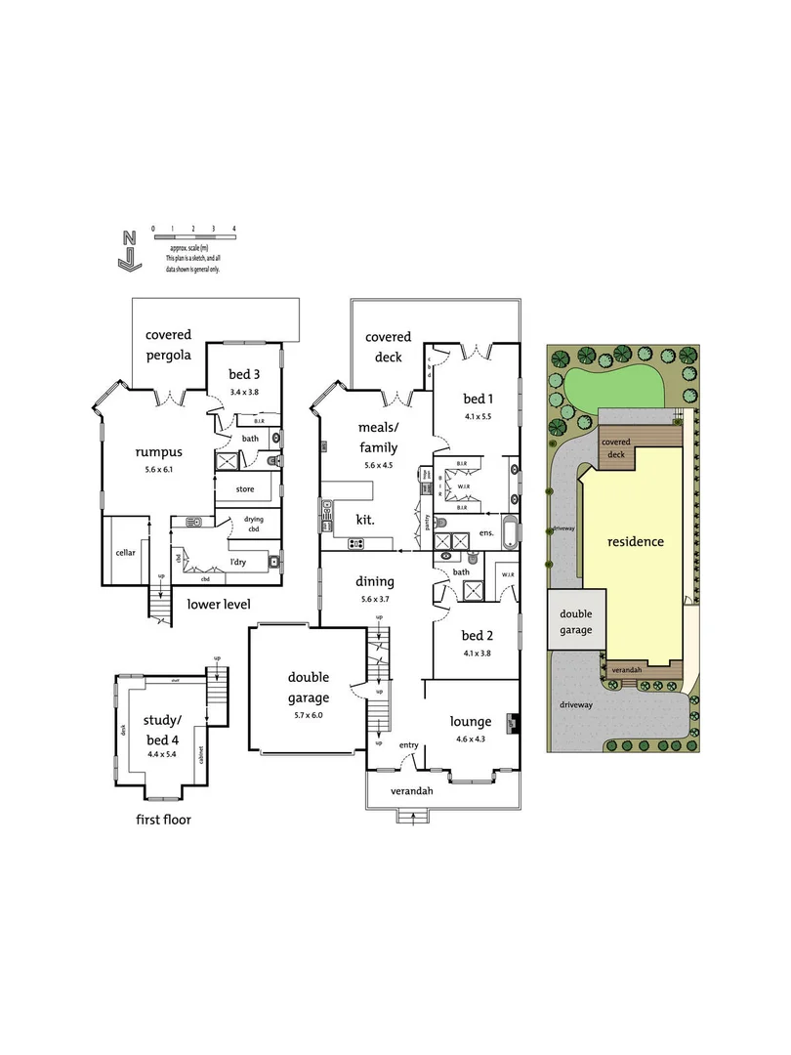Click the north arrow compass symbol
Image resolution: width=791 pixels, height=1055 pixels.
127,250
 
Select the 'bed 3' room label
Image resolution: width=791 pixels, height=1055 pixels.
245,375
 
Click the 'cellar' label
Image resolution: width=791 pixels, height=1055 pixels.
126,553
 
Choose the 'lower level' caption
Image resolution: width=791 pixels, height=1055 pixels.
219,604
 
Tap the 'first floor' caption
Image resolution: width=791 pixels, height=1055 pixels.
163,820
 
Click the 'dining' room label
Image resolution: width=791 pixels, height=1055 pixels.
376,580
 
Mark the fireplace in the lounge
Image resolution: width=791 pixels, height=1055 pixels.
510,724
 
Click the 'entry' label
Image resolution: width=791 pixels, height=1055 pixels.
408,745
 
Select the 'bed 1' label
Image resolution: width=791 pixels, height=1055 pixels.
477,398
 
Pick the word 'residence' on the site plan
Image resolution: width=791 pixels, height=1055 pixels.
635,540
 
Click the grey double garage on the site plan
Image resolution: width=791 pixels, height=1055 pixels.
575,622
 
